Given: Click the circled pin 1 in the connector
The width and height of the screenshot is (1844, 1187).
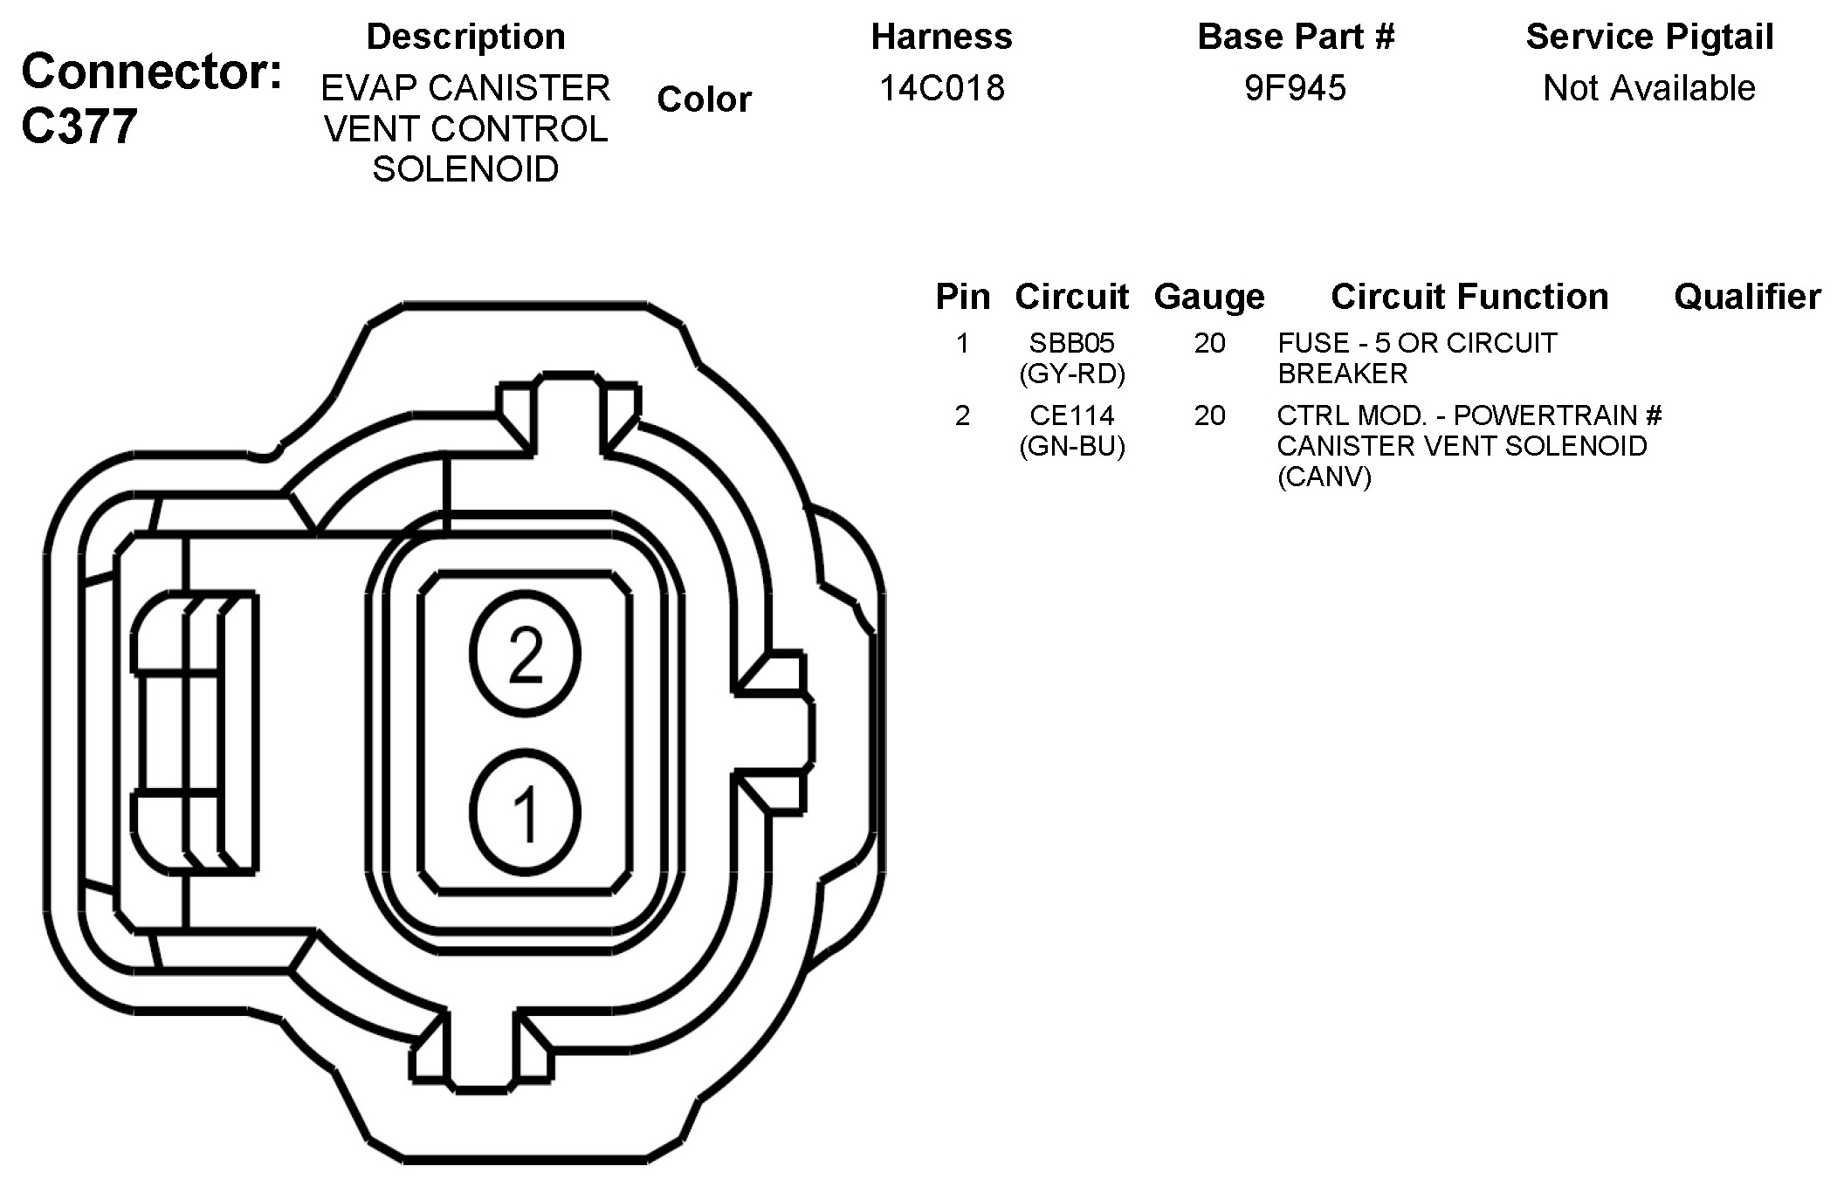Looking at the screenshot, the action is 525,812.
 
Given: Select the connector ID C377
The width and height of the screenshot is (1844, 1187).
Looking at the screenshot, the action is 79,126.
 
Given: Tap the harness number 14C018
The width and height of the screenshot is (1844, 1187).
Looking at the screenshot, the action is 941,87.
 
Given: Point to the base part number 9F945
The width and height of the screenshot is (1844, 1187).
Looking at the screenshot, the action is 1295,87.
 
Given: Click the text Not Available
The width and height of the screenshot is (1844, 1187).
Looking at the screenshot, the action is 1648,87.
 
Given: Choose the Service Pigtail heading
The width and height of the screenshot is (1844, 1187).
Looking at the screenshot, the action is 1648,37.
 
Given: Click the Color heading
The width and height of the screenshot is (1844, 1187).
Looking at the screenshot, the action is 704,99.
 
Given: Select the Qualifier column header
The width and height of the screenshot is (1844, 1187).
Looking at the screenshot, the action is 1747,297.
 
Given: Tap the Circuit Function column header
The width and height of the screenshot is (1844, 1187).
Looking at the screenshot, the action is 1469,297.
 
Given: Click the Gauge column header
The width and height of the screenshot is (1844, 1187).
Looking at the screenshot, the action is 1209,297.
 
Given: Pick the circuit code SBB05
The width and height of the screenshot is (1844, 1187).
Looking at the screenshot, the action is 1071,343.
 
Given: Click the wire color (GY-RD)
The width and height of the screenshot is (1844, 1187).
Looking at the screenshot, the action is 1071,374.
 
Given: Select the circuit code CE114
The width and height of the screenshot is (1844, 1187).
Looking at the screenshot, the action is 1071,415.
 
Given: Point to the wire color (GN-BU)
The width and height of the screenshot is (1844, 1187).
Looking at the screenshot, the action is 1071,446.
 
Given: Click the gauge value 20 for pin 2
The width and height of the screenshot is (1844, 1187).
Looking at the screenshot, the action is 1209,415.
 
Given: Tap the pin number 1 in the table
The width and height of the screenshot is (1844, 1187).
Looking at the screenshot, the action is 962,343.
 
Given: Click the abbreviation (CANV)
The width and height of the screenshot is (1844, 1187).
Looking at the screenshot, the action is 1324,477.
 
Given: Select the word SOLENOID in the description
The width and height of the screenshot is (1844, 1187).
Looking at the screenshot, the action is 465,168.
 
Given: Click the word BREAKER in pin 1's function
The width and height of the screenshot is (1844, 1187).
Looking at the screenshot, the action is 1342,374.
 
